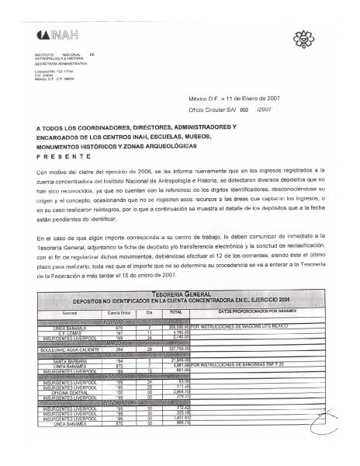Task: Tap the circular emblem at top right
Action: (303, 40)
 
